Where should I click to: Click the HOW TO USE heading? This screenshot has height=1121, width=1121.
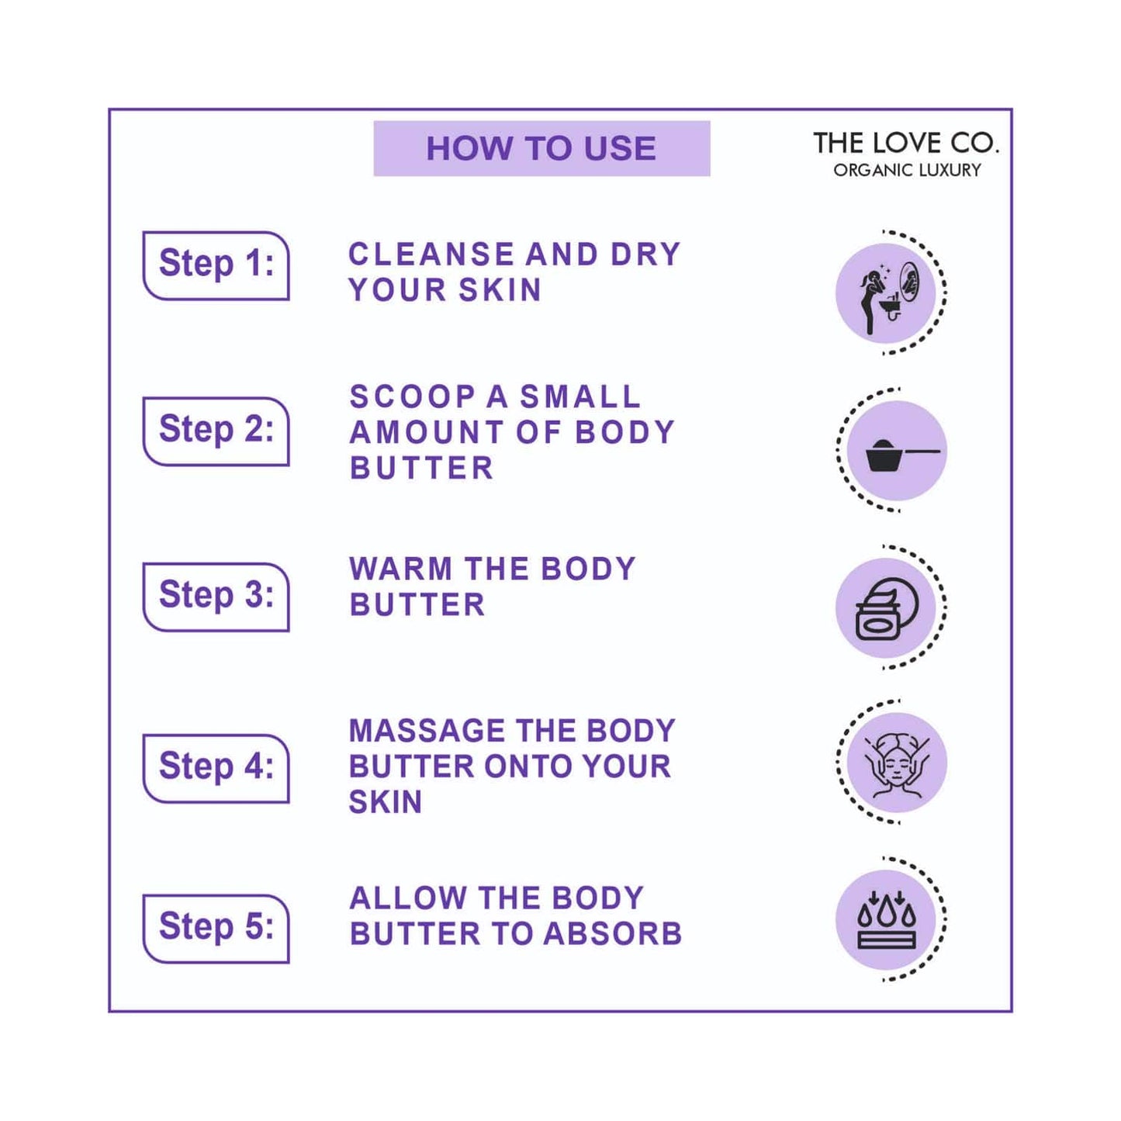(x=541, y=148)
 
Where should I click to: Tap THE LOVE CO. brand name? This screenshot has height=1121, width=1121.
(x=905, y=144)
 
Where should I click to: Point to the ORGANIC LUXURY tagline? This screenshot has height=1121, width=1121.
(x=907, y=170)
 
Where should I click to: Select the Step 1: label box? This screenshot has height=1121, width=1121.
(x=216, y=265)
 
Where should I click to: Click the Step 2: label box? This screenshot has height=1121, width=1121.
(x=216, y=431)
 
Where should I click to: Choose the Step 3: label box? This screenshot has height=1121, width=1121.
(x=216, y=596)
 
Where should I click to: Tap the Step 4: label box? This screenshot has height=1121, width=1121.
(x=216, y=767)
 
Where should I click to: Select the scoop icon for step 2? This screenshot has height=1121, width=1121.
(x=897, y=452)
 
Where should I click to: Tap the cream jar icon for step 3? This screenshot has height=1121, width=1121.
(x=886, y=609)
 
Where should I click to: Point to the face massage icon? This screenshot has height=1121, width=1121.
(x=897, y=763)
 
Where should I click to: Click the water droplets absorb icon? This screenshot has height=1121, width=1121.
(x=886, y=920)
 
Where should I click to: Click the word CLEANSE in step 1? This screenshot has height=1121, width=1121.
(x=431, y=254)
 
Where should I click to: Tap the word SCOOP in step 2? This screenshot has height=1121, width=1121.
(x=412, y=397)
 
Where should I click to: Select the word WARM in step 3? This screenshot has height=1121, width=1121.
(x=400, y=569)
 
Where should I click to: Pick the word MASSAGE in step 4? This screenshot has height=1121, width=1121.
(x=427, y=731)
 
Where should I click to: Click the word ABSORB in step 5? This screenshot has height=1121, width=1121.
(x=612, y=934)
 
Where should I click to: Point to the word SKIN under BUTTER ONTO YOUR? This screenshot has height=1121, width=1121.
(x=386, y=802)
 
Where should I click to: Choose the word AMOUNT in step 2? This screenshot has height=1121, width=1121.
(x=427, y=432)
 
